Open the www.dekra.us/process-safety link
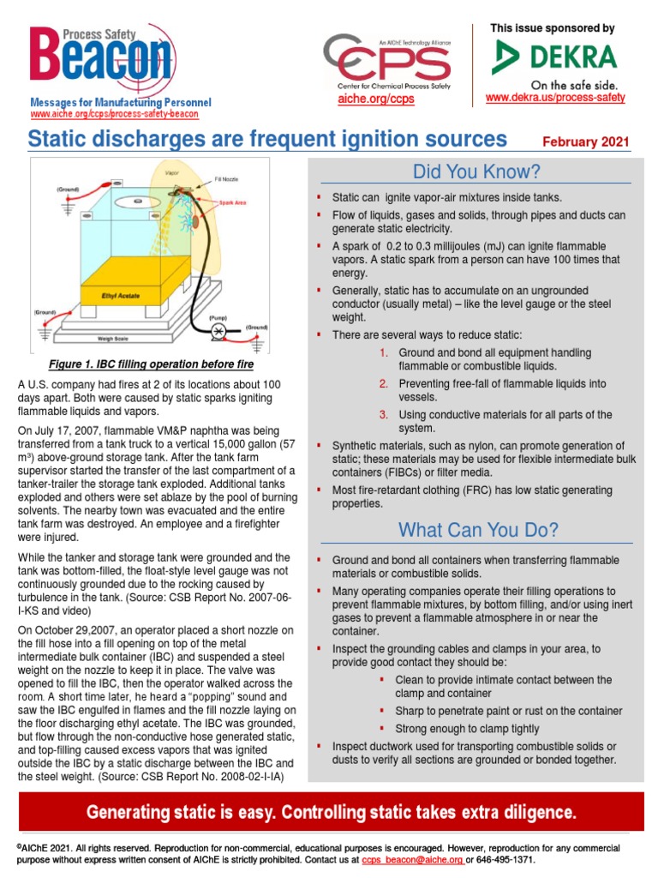coord(555,98)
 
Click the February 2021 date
coord(587,141)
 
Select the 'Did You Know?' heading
coord(476,171)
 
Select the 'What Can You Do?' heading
coord(476,530)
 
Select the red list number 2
coord(384,383)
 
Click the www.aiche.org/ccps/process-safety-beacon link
coord(115,114)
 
